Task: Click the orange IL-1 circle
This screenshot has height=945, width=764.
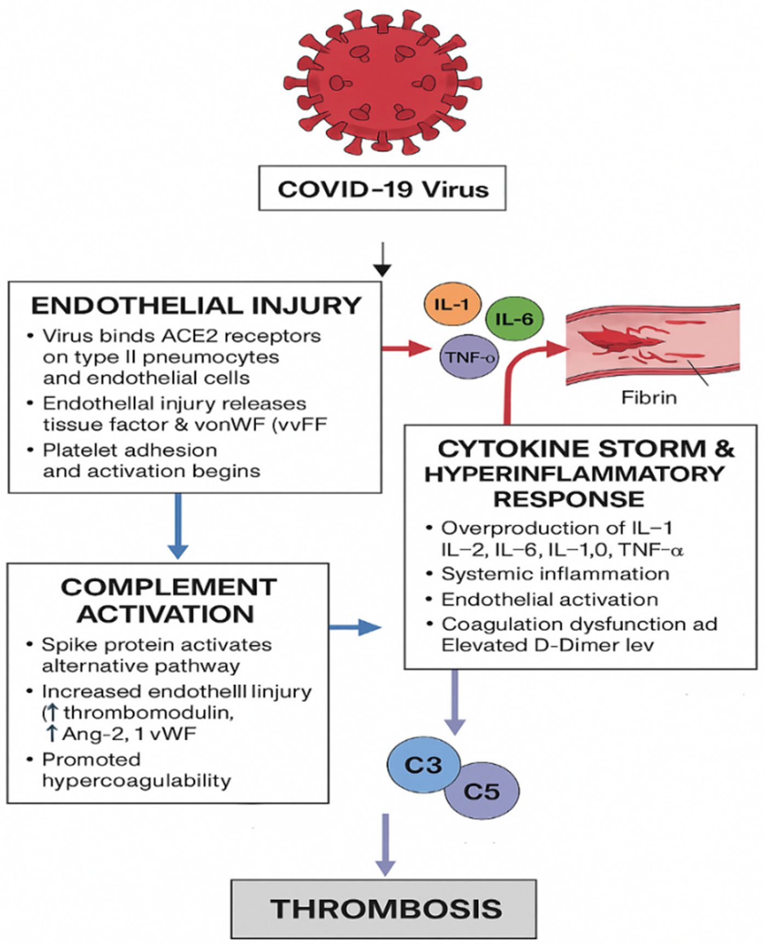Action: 452,304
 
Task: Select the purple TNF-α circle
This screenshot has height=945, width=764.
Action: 469,357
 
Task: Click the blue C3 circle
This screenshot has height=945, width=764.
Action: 423,765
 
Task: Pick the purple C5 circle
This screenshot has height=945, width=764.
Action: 482,791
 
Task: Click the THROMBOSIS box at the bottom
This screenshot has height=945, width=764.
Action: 383,909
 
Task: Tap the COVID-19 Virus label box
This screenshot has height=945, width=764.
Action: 382,189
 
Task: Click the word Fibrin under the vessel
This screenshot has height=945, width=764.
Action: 648,397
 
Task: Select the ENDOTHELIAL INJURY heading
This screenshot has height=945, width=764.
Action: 196,306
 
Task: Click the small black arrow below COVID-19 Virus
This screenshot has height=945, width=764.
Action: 382,260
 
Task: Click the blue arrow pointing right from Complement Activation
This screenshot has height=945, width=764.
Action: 355,627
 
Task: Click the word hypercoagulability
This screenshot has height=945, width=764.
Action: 136,781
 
